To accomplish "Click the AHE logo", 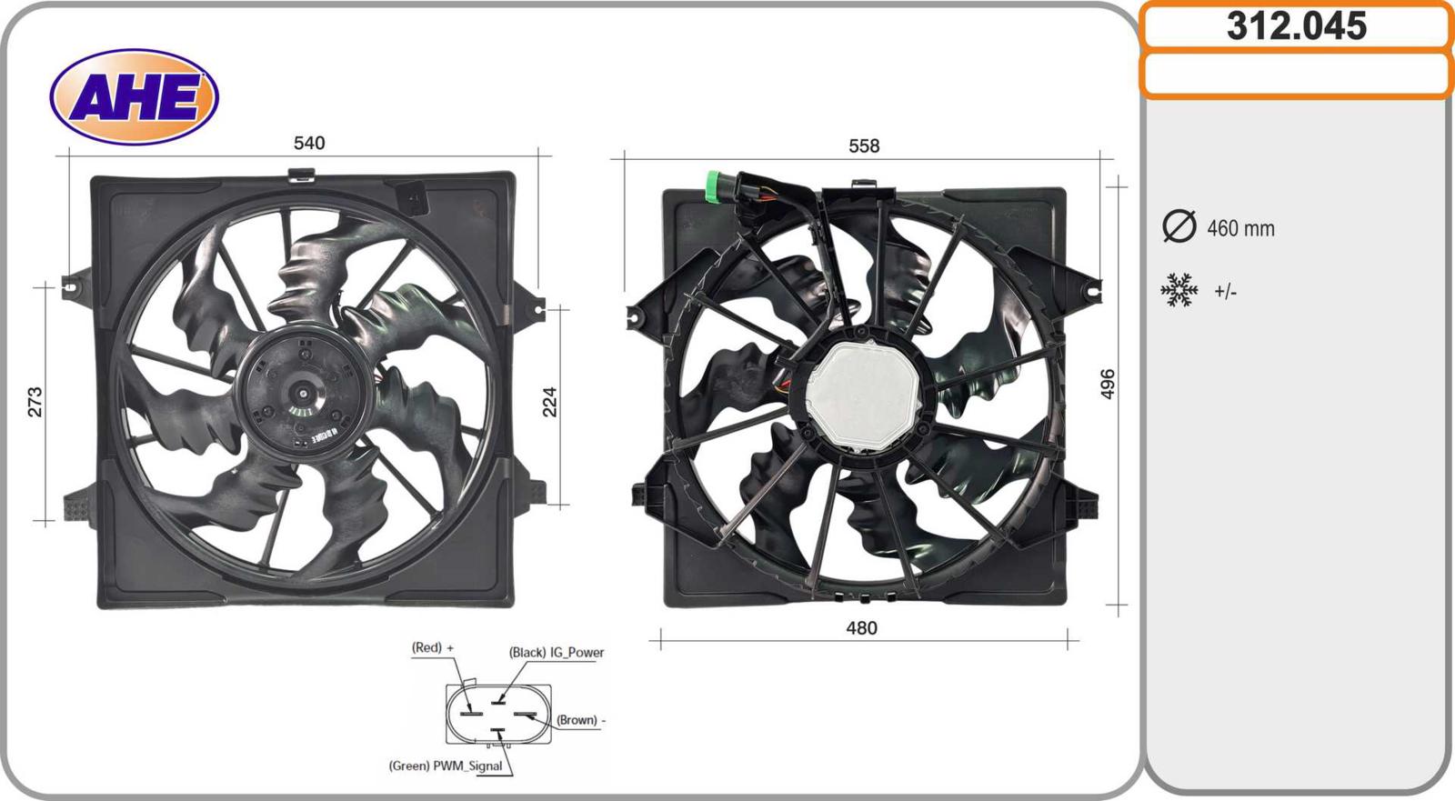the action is coord(134,96).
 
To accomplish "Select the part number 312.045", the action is coord(1297,26).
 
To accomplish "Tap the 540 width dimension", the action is coord(309,143).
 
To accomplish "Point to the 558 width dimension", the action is coord(864,145).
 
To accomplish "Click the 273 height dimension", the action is coord(35,402).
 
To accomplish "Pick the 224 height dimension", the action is coord(549,402).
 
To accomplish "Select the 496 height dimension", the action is coord(1108,384).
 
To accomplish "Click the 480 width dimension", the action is coord(861,627).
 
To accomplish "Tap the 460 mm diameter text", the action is coord(1240,229).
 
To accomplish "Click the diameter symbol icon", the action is coord(1179,226).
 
